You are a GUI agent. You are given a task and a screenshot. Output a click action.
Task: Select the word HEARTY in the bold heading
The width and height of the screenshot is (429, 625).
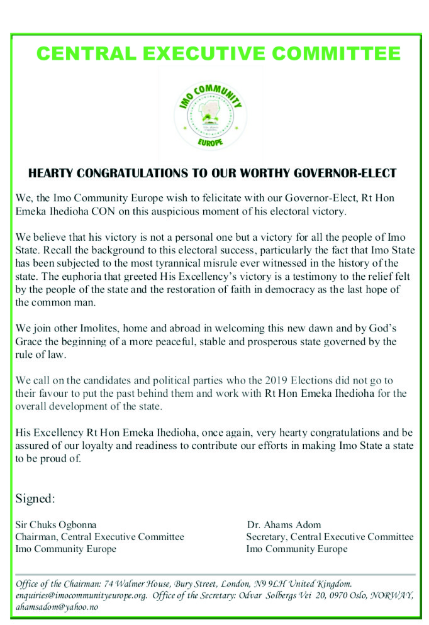coord(50,173)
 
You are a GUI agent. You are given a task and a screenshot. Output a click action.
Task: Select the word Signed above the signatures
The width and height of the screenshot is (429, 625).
coord(35,499)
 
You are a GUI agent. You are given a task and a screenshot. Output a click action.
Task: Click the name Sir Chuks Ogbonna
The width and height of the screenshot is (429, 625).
coord(56,524)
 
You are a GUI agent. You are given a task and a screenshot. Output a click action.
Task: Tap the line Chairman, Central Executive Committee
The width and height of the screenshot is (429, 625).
coord(99,536)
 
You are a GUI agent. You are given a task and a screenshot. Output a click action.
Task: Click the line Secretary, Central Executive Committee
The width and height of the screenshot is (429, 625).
coord(330,536)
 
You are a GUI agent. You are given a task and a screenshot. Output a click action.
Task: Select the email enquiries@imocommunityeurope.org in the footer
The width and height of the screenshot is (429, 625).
coord(84,595)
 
